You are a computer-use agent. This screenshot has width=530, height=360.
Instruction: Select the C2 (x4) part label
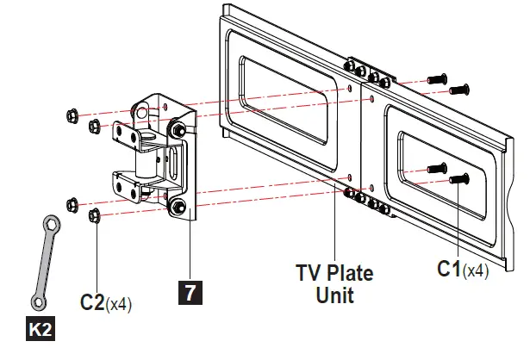(x=106, y=303)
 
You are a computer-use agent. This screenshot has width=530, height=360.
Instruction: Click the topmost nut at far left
(x=72, y=115)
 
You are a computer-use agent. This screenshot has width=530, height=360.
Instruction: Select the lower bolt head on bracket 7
(x=178, y=208)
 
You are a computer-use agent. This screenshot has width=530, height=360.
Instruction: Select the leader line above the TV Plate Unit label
(x=335, y=224)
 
